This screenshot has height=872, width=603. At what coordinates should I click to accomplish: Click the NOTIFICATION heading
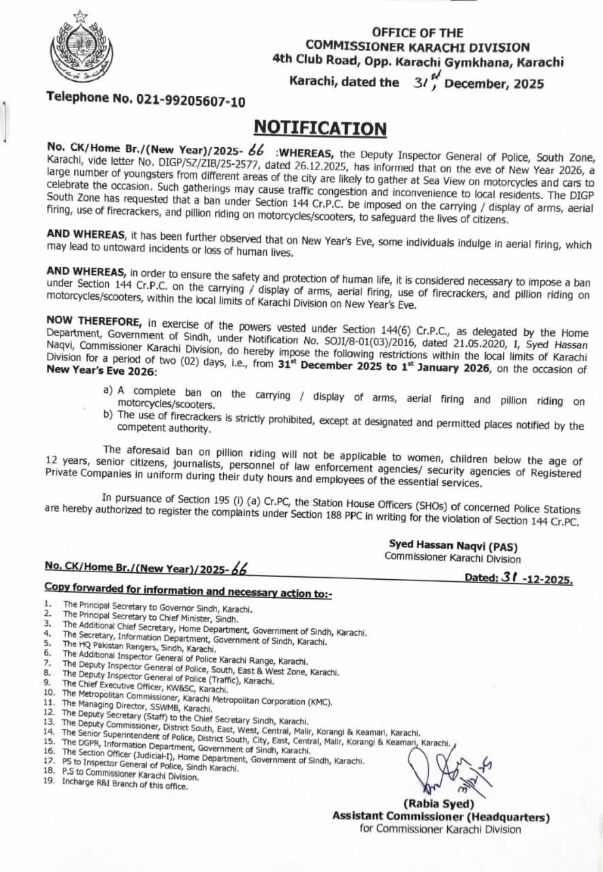click(320, 129)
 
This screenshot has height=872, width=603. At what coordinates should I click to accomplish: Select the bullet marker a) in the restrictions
click(107, 391)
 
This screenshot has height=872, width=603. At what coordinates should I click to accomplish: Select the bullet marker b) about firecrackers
click(108, 414)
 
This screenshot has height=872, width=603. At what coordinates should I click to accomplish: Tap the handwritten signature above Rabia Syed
click(449, 770)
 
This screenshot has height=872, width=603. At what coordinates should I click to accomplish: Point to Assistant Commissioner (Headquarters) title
click(440, 817)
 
